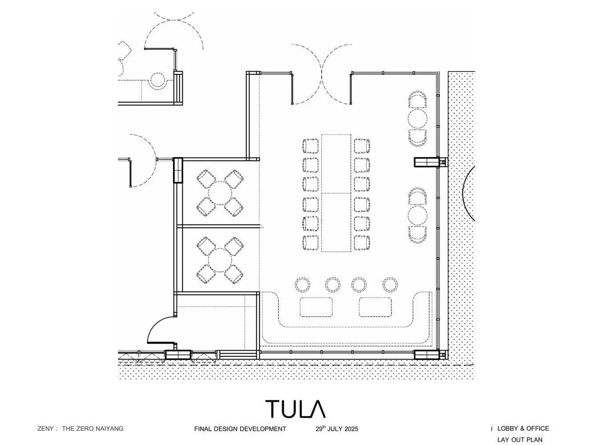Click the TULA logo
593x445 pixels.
295,409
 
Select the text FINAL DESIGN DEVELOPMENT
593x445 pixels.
240,429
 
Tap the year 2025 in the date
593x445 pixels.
351,429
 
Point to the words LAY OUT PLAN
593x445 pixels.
520,440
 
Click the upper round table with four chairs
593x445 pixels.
220,193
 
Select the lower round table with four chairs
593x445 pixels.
220,260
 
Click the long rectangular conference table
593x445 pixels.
336,193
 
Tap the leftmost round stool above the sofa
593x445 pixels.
303,284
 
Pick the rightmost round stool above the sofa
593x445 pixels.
390,284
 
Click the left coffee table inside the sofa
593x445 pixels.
316,307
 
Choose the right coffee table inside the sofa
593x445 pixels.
375,307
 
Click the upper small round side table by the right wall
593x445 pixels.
417,119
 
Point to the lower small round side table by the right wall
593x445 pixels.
417,216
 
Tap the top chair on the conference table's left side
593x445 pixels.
311,146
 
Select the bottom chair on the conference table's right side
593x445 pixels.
362,243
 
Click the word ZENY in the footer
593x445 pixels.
46,429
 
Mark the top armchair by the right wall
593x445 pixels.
417,99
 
